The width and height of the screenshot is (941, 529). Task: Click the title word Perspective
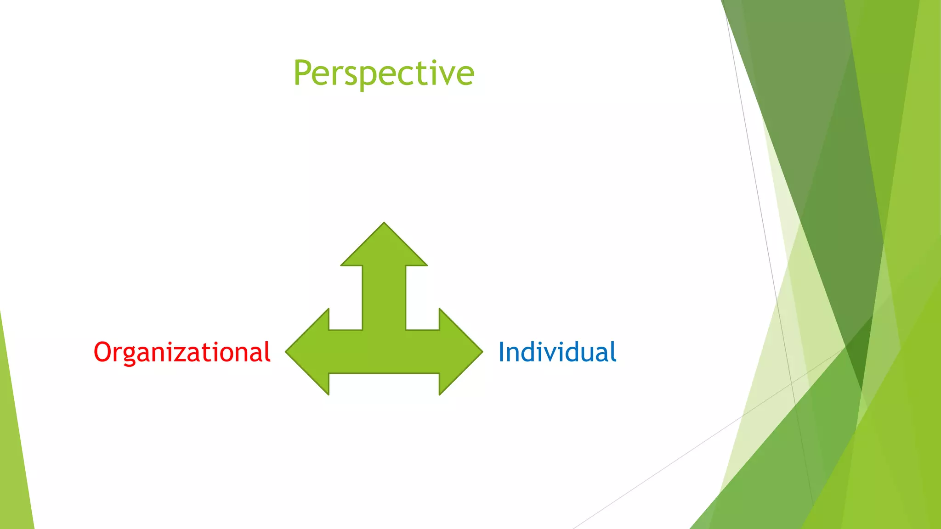(x=384, y=73)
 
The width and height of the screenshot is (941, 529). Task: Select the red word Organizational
(x=182, y=352)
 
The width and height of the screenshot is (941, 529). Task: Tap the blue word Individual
(x=557, y=352)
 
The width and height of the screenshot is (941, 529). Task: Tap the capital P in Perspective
(x=304, y=73)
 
